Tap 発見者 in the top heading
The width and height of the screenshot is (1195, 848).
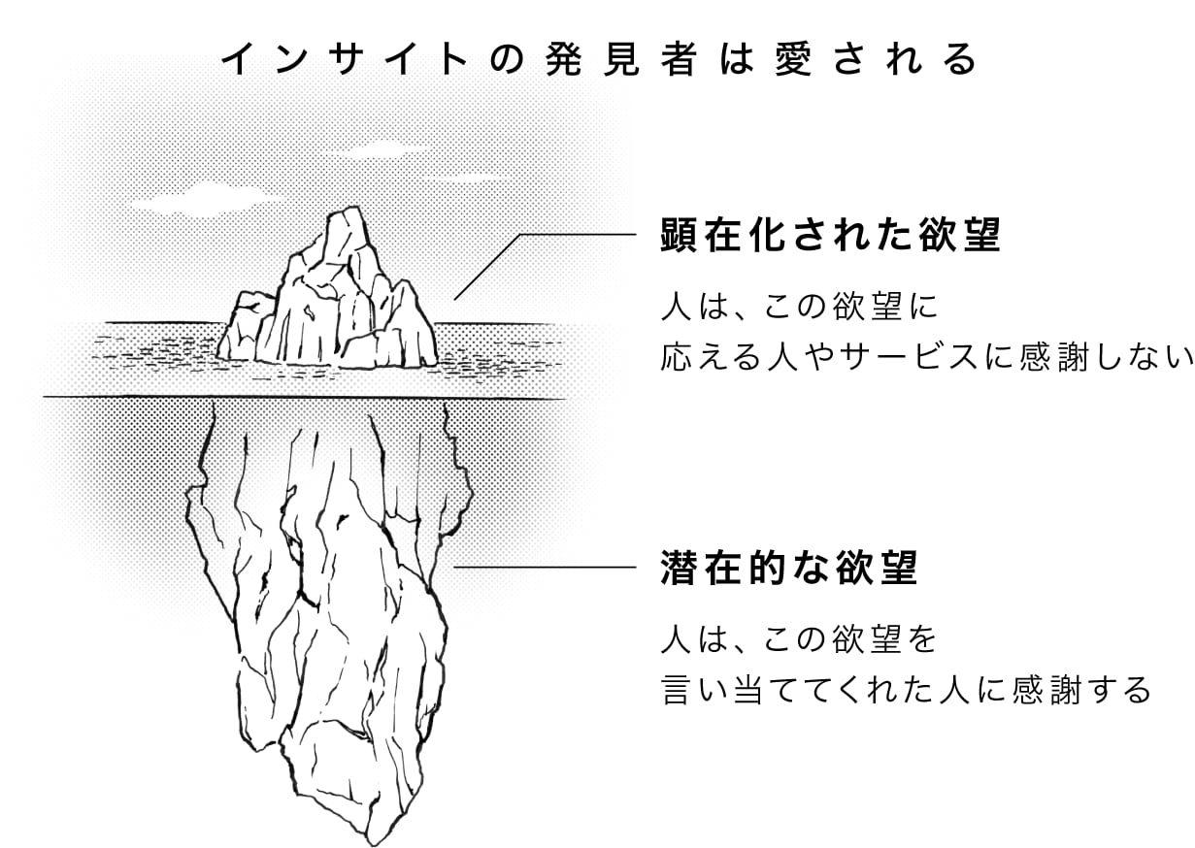point(638,60)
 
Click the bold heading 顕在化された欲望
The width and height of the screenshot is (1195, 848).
point(830,236)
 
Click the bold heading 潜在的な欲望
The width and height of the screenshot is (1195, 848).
point(789,568)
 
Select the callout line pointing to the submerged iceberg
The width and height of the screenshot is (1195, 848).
point(544,567)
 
